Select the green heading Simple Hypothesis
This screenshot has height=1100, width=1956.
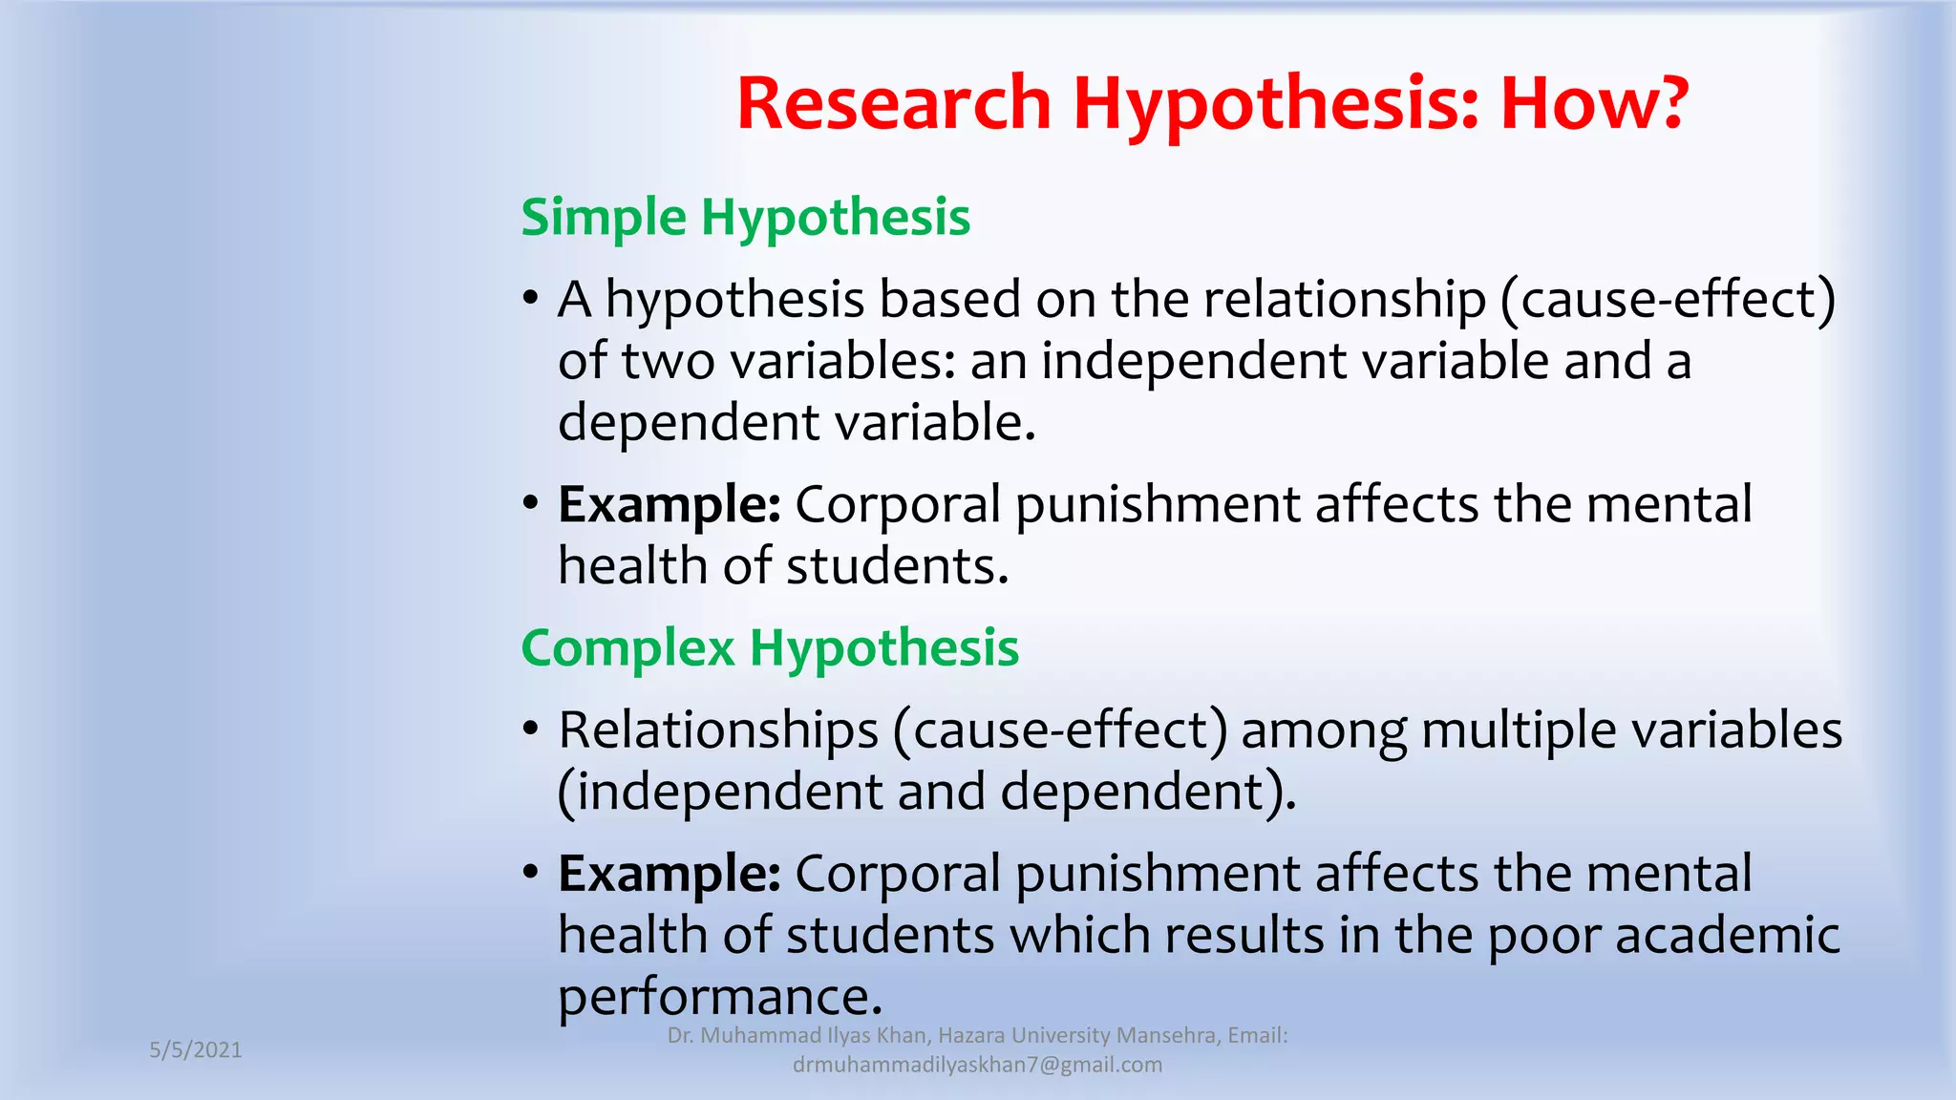pos(745,218)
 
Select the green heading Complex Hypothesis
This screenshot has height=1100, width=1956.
pos(770,648)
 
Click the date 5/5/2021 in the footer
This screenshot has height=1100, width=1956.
pos(196,1050)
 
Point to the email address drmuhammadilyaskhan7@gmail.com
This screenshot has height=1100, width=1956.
pos(977,1065)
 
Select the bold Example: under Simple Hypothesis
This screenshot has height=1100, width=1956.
pos(670,505)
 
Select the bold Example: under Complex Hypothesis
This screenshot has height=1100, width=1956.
pos(670,874)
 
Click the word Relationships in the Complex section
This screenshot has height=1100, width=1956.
pos(718,730)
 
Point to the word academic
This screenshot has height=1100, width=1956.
pos(1727,935)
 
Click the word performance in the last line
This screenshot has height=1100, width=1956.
pos(719,997)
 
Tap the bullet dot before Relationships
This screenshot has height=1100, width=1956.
pos(531,731)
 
